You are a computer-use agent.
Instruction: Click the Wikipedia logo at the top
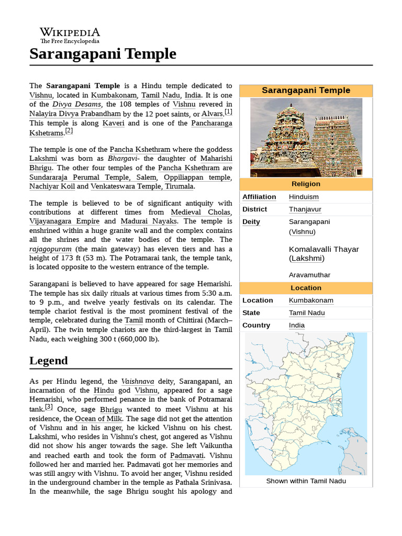(70, 35)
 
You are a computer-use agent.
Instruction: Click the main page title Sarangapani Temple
(103, 54)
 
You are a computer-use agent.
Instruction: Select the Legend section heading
(49, 361)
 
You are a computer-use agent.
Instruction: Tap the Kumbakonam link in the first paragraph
(114, 95)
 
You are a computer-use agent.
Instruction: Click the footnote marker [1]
(228, 112)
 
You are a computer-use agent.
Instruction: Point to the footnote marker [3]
(49, 407)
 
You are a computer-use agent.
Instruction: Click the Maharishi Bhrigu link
(131, 163)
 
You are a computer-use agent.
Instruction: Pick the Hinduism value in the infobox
(304, 197)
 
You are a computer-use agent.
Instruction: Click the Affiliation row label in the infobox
(259, 197)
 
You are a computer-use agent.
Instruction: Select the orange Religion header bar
(306, 184)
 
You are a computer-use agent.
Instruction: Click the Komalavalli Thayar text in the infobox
(323, 249)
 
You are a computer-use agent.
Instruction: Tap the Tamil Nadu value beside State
(307, 313)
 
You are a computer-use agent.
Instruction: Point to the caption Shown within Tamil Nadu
(306, 481)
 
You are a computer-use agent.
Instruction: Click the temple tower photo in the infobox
(306, 138)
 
